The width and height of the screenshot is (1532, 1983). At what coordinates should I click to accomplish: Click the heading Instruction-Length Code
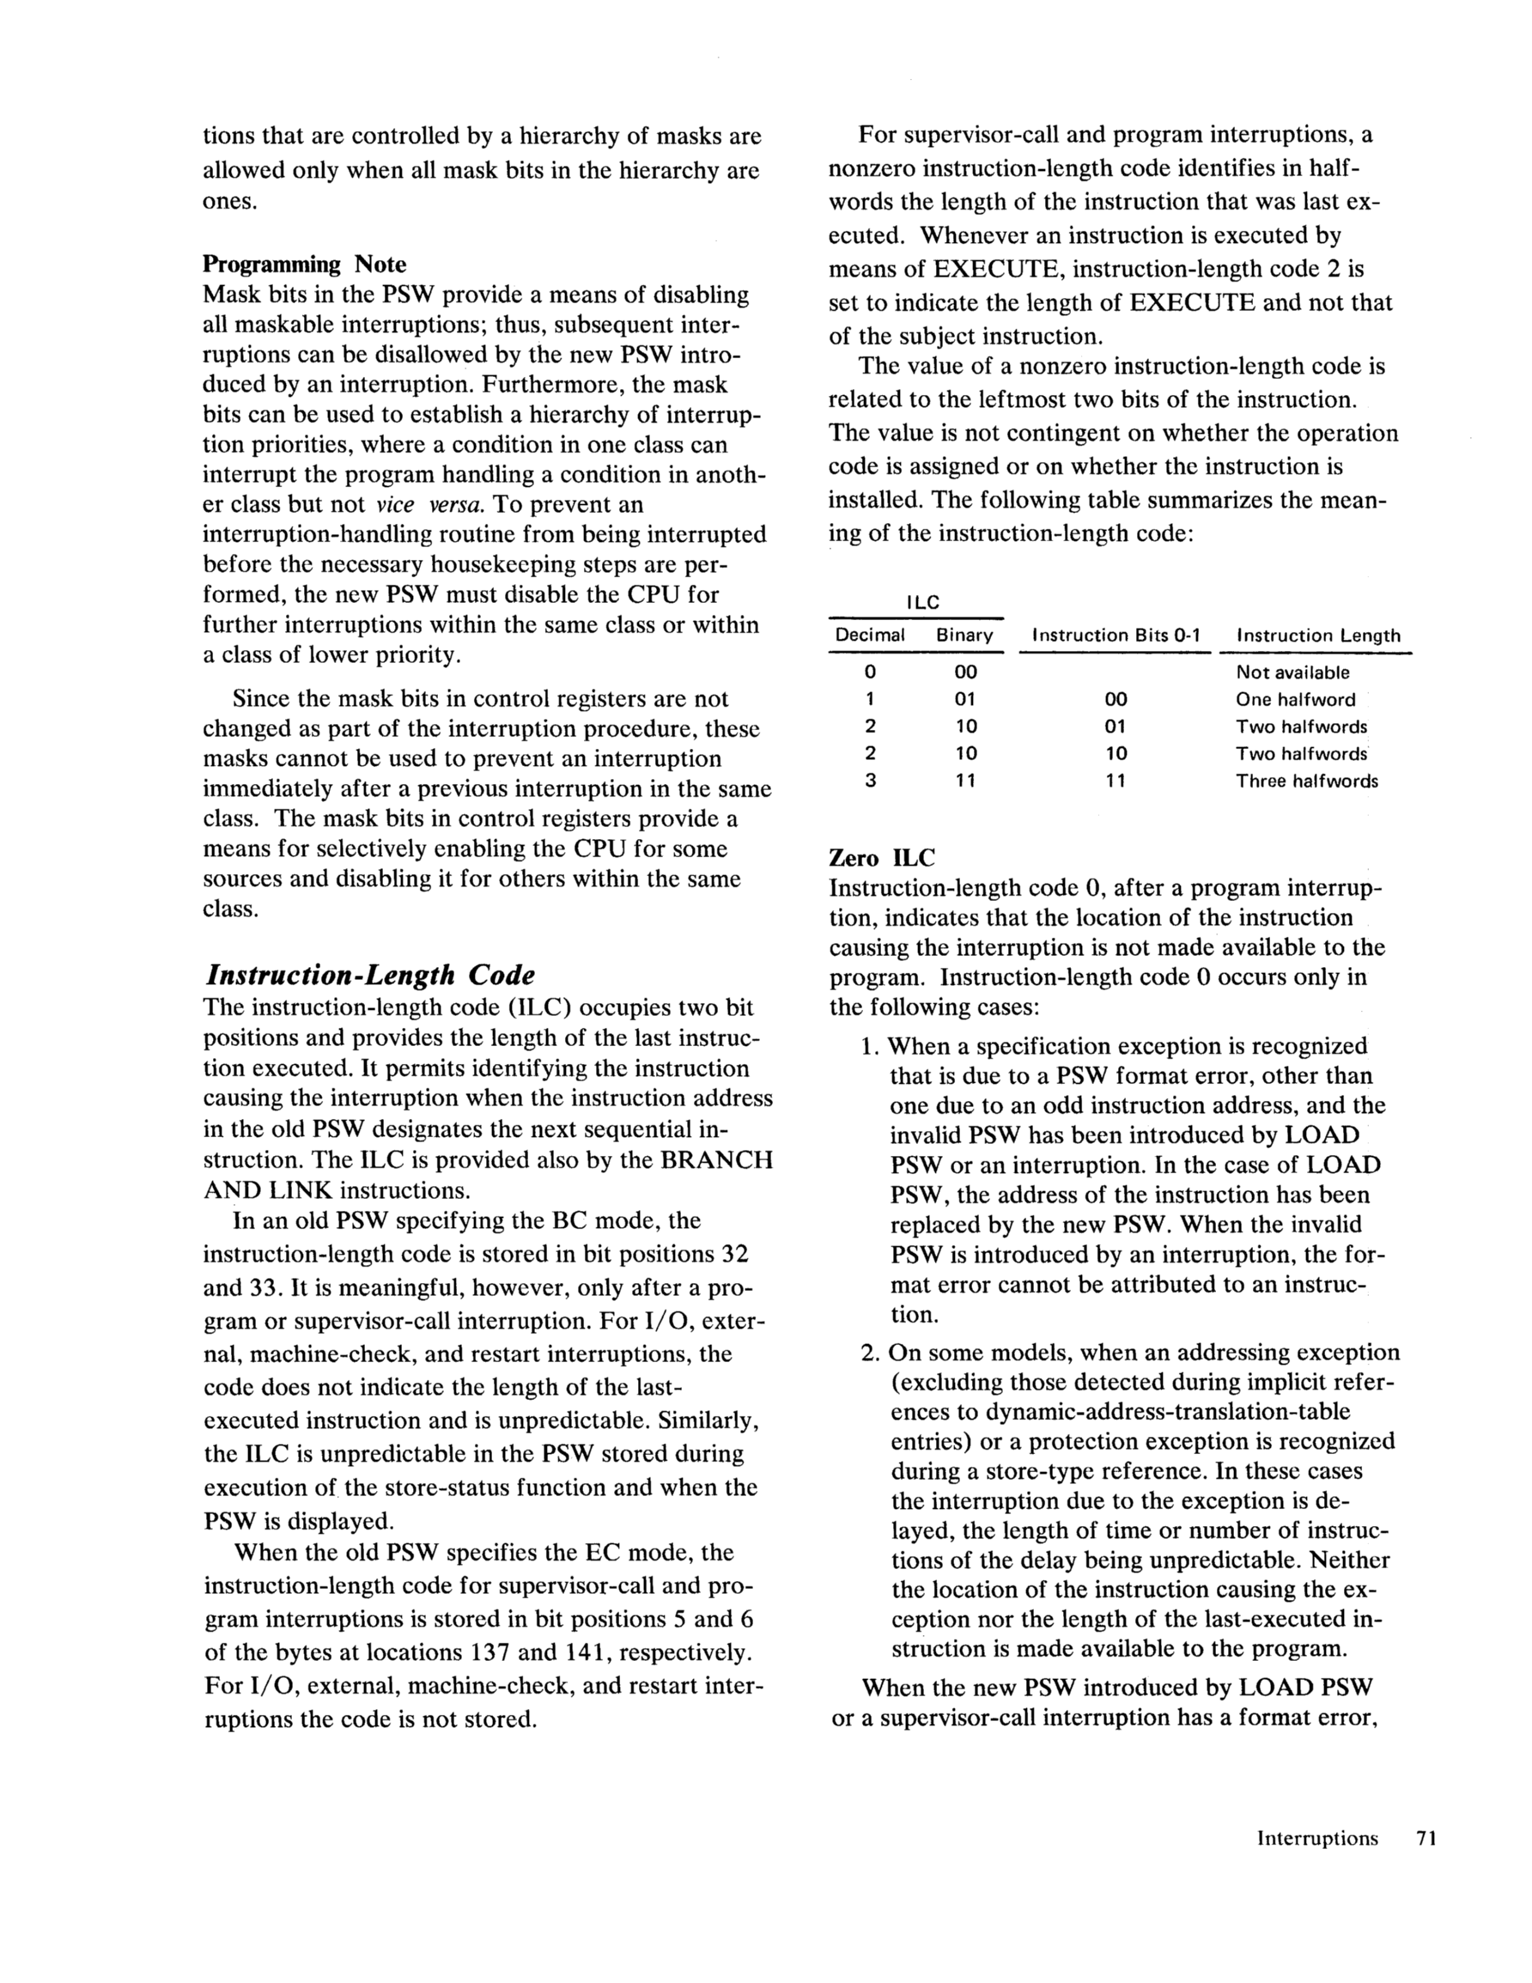[x=370, y=975]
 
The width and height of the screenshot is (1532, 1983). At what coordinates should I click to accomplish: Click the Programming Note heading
[x=304, y=265]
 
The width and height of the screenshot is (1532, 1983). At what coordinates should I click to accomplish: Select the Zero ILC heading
[x=882, y=857]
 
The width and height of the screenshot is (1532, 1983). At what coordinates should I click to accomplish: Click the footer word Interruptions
[x=1316, y=1839]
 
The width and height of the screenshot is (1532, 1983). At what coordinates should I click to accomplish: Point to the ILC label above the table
[x=922, y=603]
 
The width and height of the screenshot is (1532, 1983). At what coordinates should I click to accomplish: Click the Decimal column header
[x=870, y=636]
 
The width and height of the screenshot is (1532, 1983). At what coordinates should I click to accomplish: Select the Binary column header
[x=964, y=636]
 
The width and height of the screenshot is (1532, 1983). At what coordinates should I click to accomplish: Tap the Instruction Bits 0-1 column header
[x=1116, y=636]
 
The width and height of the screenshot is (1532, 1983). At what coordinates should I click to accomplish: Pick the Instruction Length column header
[x=1317, y=636]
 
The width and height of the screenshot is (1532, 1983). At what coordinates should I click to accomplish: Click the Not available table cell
[x=1292, y=672]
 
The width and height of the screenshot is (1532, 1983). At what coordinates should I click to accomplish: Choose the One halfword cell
[x=1295, y=700]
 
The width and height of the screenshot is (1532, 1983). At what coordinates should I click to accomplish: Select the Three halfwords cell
[x=1307, y=781]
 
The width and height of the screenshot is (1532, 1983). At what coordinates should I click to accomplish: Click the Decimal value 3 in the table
[x=870, y=781]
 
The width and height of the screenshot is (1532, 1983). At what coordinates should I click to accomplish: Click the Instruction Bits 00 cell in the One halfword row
[x=1116, y=700]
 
